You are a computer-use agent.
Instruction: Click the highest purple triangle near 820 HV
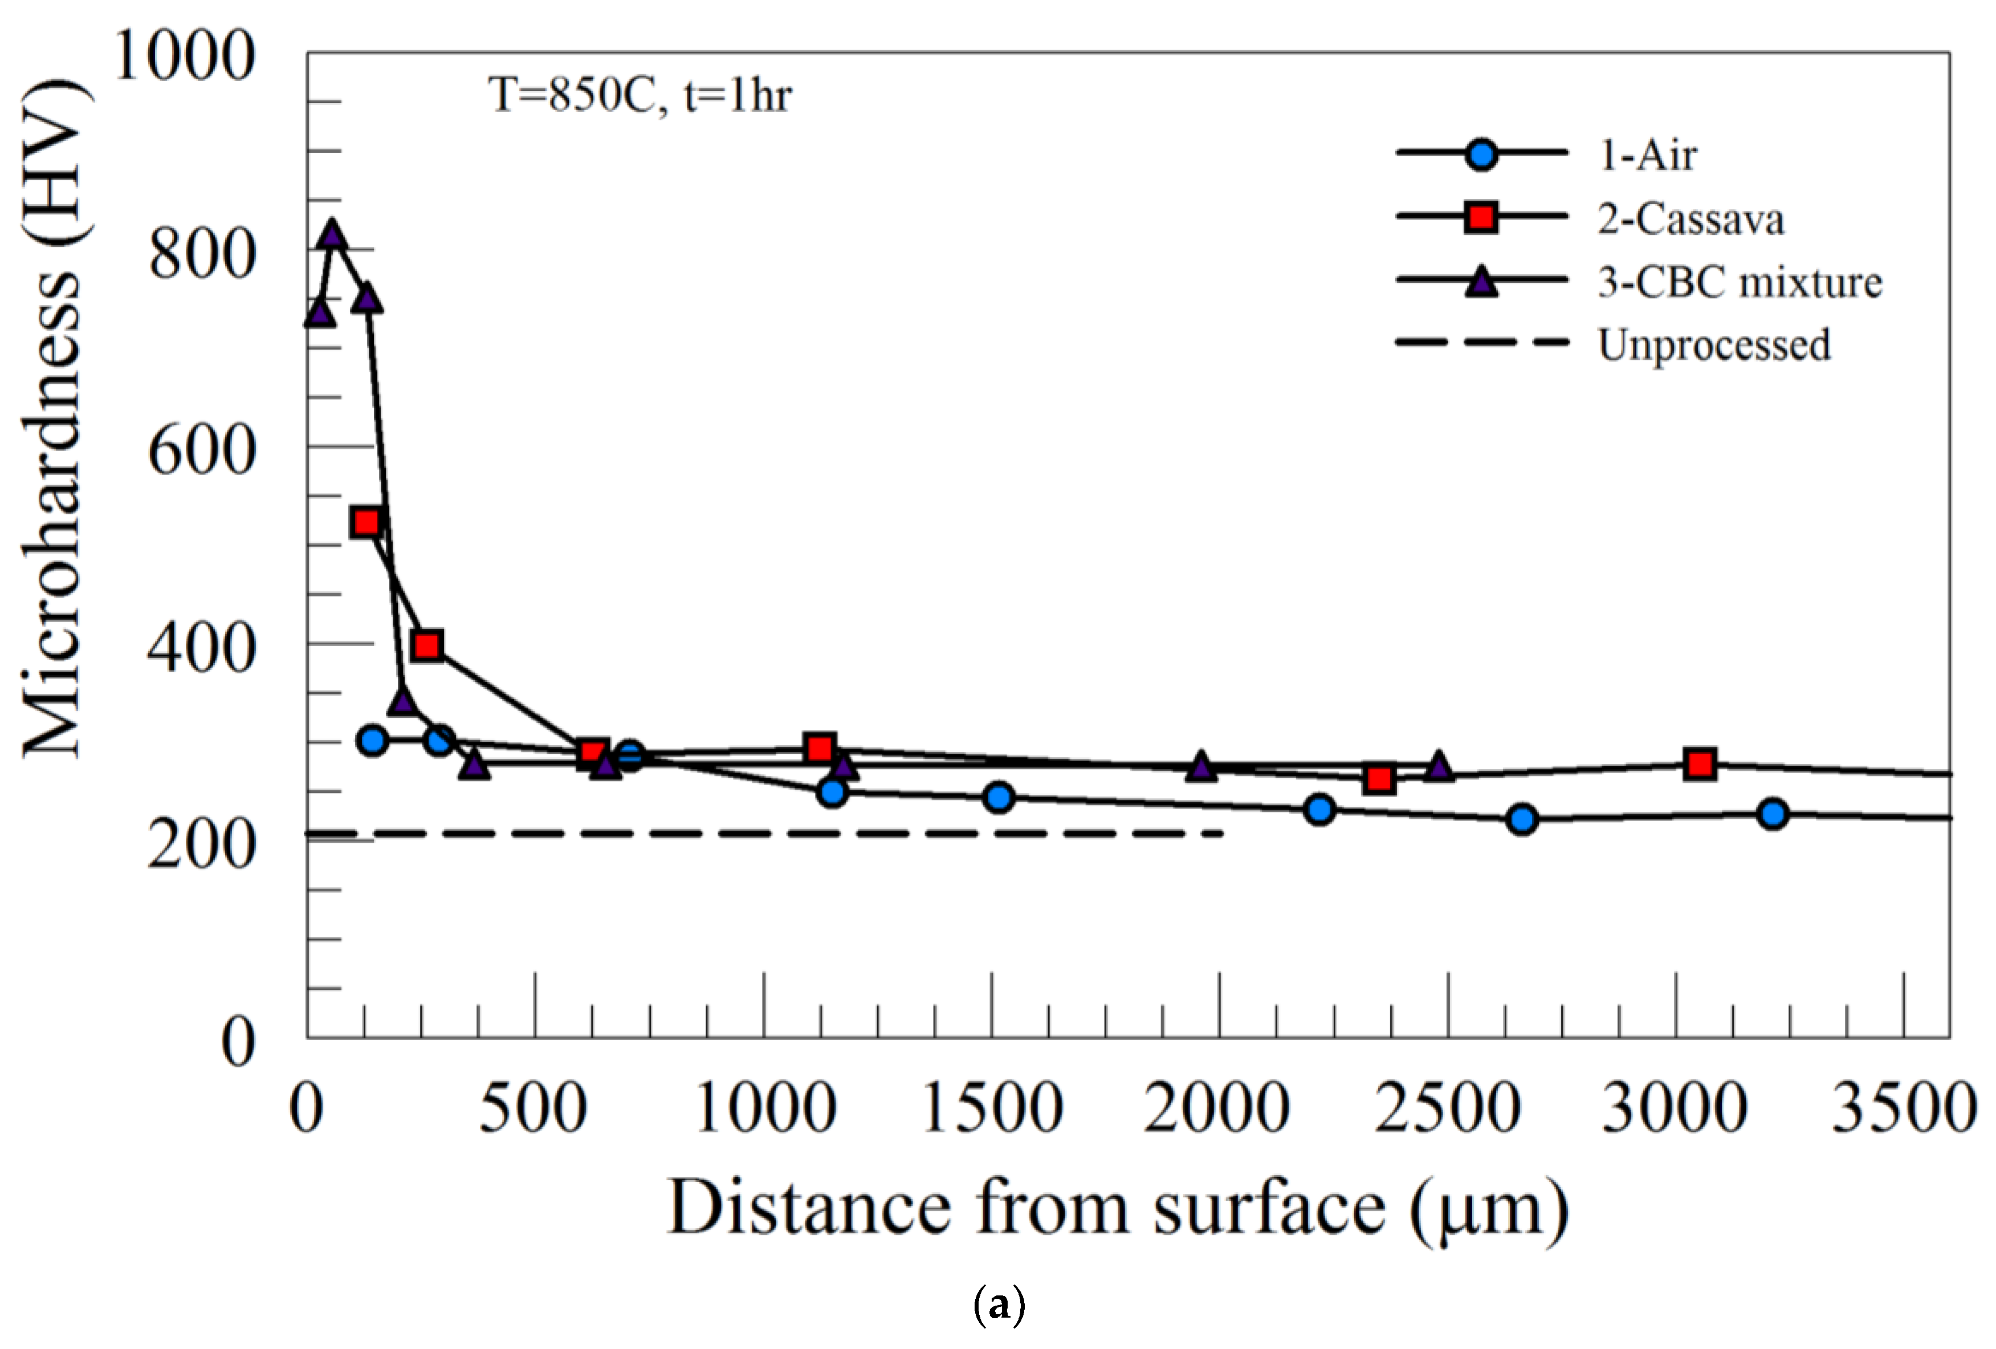point(332,234)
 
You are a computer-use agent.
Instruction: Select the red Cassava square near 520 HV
point(366,522)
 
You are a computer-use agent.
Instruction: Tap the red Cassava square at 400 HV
point(427,645)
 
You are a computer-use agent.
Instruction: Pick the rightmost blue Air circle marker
point(1773,813)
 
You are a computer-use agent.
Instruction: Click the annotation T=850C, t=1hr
point(640,95)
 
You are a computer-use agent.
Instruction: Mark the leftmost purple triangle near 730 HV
point(320,314)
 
